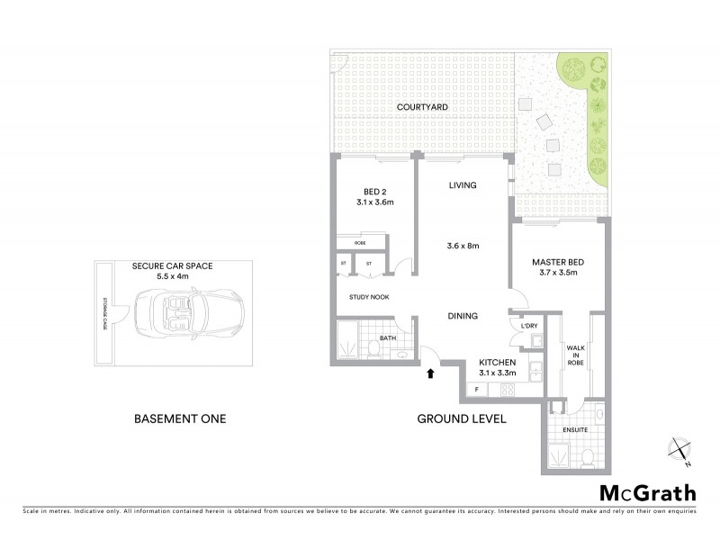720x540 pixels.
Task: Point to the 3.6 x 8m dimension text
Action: click(x=463, y=244)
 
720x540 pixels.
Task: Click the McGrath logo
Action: click(x=648, y=492)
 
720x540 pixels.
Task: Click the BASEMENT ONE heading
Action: click(x=179, y=419)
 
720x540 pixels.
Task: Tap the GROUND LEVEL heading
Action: click(x=462, y=419)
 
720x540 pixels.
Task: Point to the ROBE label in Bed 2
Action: click(x=359, y=243)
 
